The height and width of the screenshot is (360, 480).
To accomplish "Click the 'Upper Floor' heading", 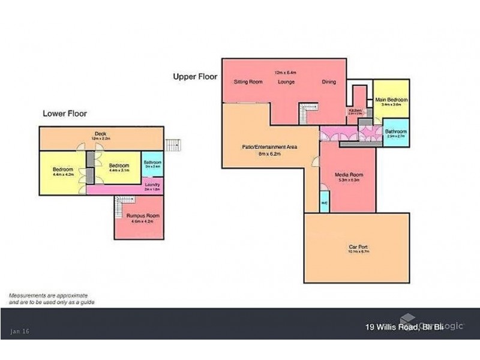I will [195, 77].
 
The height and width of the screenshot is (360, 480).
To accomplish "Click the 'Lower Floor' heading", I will [65, 113].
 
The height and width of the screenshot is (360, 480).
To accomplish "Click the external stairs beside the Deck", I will [172, 145].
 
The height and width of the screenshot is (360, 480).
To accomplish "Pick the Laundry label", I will [152, 185].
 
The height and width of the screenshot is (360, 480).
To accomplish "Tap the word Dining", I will [328, 82].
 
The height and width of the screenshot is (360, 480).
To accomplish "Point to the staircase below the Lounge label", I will [308, 110].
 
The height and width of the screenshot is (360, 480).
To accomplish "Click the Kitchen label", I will [354, 111].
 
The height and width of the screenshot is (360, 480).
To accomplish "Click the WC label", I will [324, 203].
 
